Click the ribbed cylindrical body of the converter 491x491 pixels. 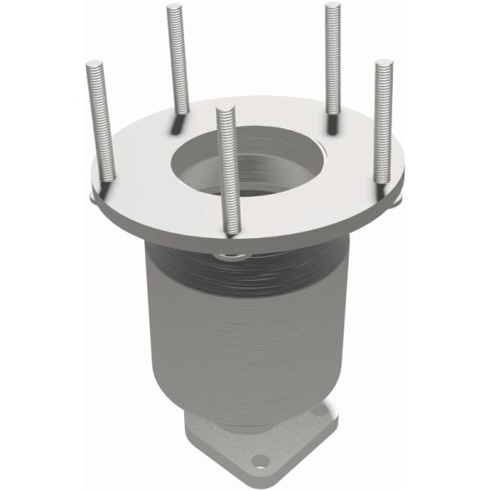[245, 327]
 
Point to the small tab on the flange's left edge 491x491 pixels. [92, 195]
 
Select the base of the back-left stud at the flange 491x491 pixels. [178, 123]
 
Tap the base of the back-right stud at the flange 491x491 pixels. [331, 125]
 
